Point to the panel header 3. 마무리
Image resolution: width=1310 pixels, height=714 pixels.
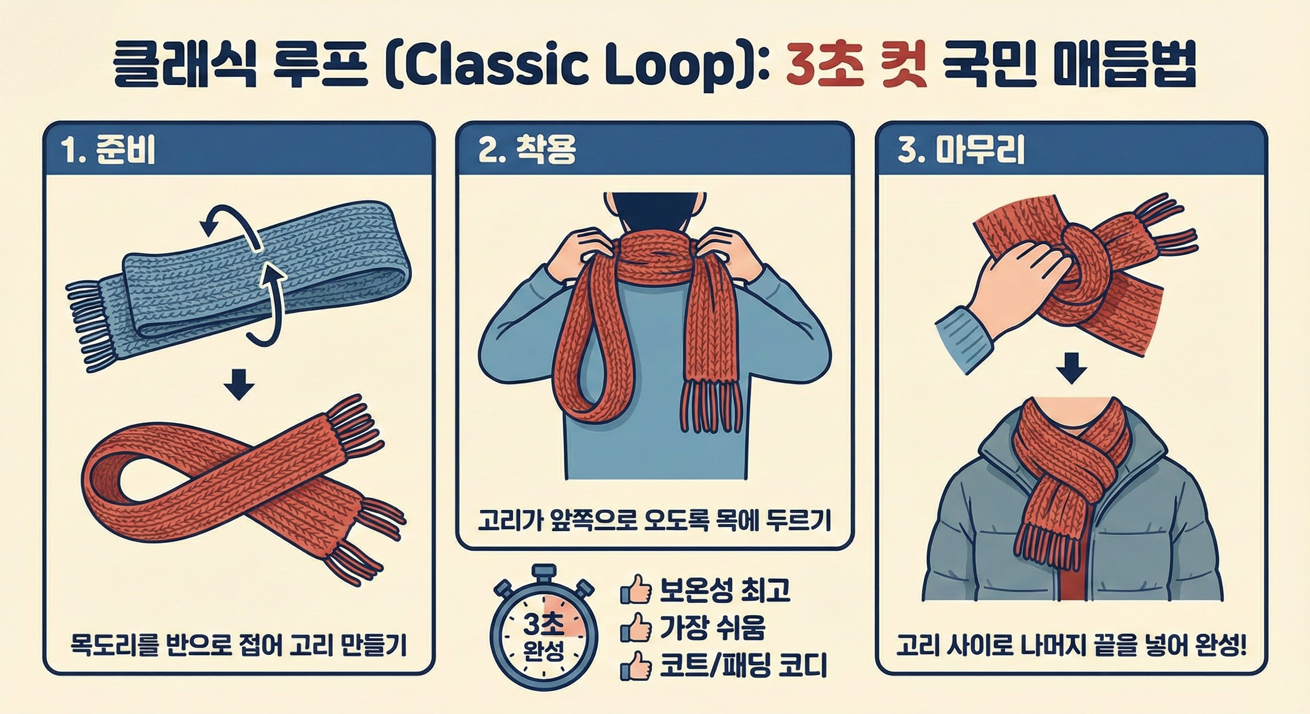[x=961, y=151]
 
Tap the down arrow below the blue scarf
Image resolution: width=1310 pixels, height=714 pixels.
[x=239, y=385]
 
